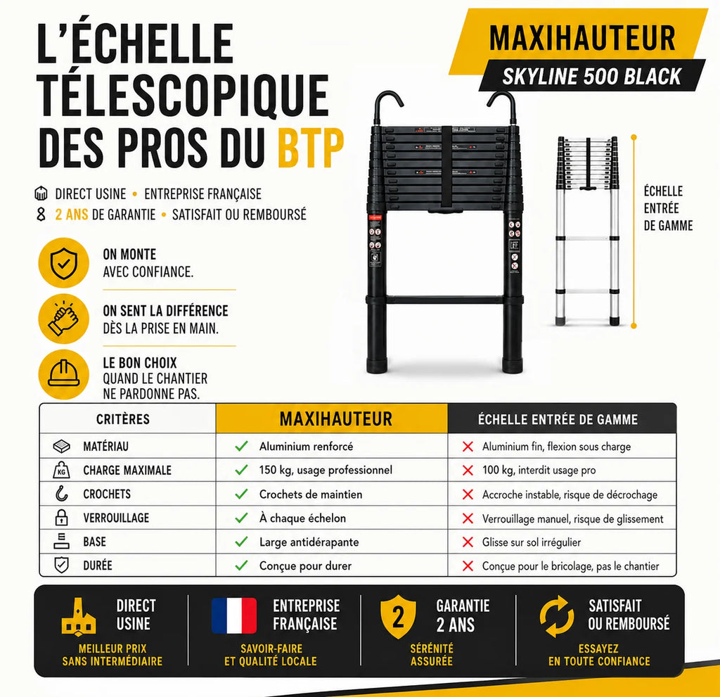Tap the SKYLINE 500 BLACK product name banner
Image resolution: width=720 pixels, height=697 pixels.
(592, 76)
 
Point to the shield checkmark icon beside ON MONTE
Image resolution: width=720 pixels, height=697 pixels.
(63, 263)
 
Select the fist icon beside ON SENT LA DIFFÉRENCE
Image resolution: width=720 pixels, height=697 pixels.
(63, 319)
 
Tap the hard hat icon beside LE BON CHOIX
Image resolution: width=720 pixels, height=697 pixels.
(63, 373)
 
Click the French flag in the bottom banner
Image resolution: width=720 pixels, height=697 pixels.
(234, 615)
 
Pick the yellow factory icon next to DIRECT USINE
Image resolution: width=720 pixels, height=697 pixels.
(79, 617)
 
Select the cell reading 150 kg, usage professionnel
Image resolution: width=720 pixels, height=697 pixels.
(325, 470)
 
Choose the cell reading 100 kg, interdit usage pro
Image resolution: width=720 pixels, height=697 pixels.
(539, 470)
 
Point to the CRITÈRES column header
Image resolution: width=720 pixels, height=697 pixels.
(123, 419)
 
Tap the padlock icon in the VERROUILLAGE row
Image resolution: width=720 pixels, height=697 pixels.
(62, 518)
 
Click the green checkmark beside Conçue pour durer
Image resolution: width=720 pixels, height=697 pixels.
(242, 565)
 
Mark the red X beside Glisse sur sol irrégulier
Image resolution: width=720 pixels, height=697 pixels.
(468, 542)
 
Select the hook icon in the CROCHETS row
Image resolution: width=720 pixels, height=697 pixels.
(62, 494)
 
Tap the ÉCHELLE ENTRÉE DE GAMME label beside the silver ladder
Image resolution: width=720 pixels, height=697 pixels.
(668, 208)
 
